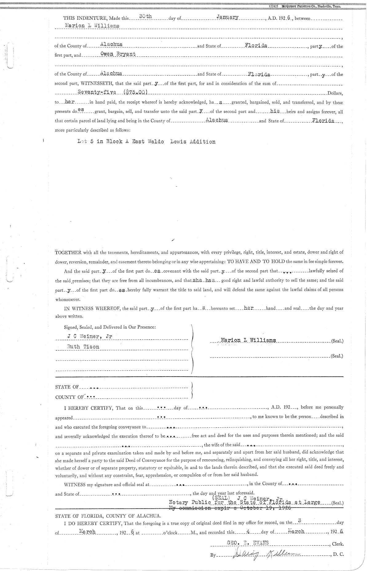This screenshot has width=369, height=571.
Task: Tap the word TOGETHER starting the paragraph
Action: click(68, 253)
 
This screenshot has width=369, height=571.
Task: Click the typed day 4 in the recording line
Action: click(248, 531)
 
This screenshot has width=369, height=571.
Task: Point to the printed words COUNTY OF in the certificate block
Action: click(69, 397)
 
